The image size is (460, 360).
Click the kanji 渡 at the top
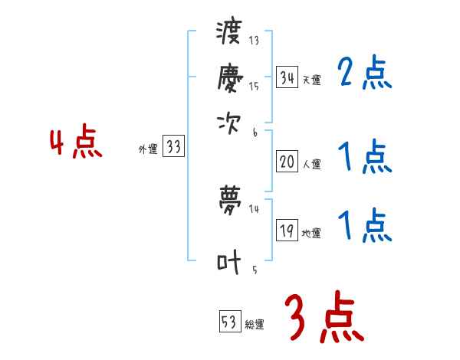tap(228, 33)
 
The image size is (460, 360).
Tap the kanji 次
tap(228, 121)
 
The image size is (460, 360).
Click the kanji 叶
tap(228, 262)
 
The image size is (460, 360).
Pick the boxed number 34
tap(287, 77)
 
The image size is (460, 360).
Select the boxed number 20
tap(287, 162)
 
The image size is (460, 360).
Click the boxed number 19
tap(287, 231)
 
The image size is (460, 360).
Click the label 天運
tap(311, 80)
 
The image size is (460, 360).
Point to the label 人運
tap(311, 164)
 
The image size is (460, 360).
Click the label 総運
tap(255, 325)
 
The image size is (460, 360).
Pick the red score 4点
tap(76, 144)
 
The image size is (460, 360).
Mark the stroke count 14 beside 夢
tap(254, 208)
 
